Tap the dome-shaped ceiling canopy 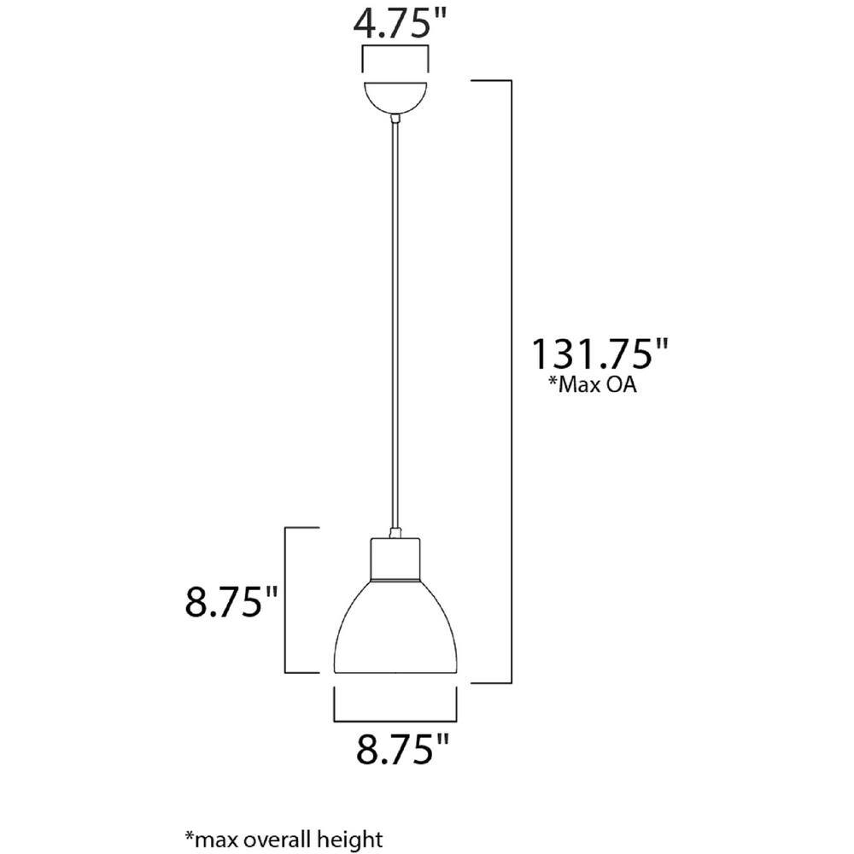(395, 96)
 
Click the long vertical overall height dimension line (511, 384)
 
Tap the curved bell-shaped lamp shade (401, 632)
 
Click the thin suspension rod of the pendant (395, 325)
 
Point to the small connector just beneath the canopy (395, 120)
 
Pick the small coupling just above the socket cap (395, 534)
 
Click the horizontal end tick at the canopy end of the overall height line (491, 81)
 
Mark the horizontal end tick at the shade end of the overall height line (491, 682)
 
